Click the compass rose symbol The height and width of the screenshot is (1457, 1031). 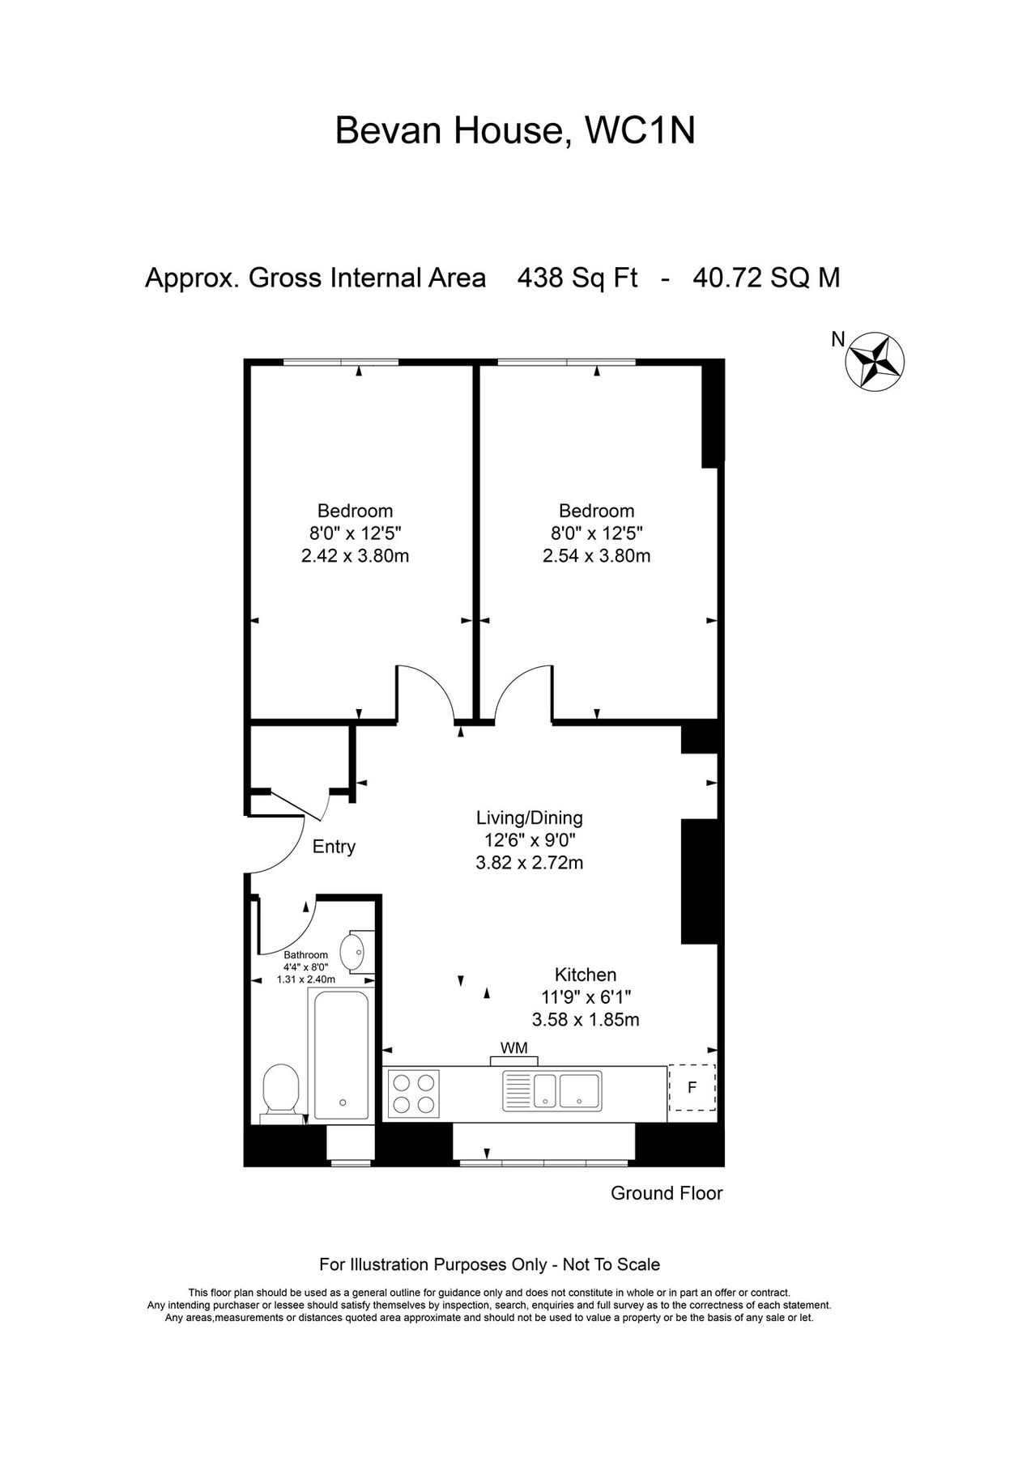[875, 361]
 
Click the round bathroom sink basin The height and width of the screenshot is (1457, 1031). [353, 952]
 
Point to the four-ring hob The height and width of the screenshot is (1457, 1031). [414, 1094]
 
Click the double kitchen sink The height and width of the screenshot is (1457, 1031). [552, 1090]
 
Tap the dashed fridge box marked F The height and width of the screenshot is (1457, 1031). [692, 1088]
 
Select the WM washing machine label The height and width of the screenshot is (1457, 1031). [513, 1048]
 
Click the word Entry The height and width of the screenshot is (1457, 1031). [334, 847]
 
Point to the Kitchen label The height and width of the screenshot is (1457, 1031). [586, 975]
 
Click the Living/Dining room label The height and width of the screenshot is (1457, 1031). [529, 818]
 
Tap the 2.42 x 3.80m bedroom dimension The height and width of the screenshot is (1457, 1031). [355, 556]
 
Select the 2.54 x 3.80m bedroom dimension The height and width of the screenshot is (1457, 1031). [596, 556]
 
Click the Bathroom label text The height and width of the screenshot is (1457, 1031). [305, 955]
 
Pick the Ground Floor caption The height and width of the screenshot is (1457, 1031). [667, 1193]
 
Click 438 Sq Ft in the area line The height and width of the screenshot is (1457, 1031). [577, 278]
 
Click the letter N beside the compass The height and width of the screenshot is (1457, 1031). [838, 340]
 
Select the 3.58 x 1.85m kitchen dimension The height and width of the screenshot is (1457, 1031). [586, 1020]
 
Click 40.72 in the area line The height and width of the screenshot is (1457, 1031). [726, 278]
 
